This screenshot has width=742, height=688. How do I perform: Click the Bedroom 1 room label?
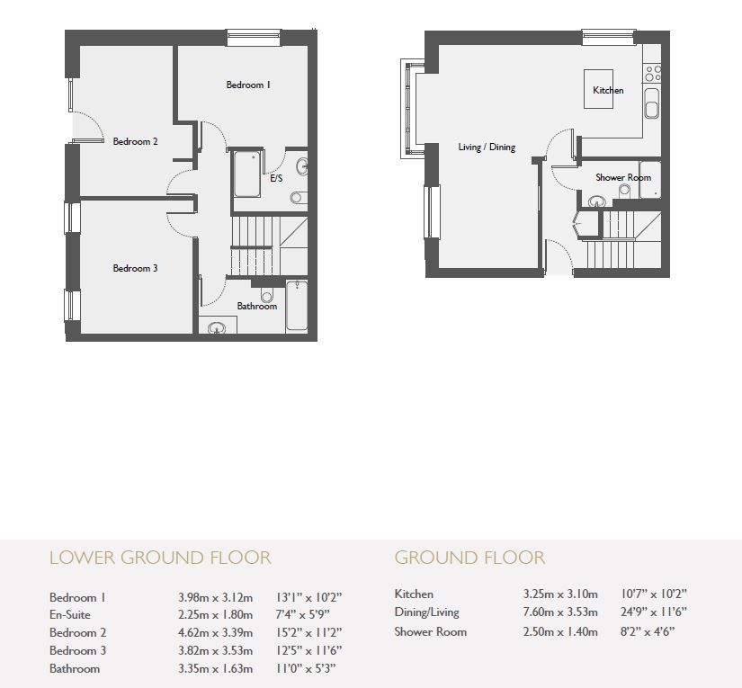point(248,85)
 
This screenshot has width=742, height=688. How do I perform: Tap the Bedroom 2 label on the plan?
point(136,141)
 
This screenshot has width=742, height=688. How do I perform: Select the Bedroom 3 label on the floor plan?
point(135,268)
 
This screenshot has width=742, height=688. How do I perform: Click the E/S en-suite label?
point(276,179)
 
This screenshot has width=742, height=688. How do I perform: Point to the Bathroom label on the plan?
point(257,307)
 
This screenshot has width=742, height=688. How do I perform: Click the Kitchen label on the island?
point(608,91)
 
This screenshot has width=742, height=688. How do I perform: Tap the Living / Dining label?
point(487,147)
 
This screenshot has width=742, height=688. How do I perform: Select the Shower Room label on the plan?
point(622,178)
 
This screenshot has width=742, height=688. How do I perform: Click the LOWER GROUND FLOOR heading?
point(159,558)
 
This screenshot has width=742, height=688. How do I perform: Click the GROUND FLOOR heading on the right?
point(469,558)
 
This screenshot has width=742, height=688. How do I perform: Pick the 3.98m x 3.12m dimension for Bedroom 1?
point(215,597)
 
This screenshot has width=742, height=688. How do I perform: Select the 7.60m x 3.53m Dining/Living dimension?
point(559,612)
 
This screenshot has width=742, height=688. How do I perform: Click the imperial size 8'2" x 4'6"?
point(647,631)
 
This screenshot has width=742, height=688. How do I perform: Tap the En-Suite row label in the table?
point(71,615)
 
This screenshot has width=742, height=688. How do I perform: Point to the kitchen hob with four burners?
point(653,73)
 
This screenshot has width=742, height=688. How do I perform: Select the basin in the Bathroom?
point(217,328)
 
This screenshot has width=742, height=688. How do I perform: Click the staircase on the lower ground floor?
point(251,246)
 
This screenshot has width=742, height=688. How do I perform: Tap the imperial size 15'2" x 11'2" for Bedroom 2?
point(302,633)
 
